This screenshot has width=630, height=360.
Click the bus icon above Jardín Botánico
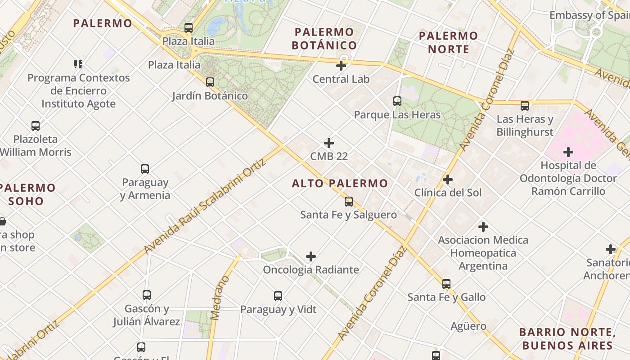point(210,82)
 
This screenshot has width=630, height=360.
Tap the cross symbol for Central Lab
point(341,66)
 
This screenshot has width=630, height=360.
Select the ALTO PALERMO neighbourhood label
point(340,183)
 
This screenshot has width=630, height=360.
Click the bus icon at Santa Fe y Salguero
point(349,202)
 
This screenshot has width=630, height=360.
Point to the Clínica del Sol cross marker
point(448,180)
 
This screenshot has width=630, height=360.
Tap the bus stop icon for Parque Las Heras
point(397,101)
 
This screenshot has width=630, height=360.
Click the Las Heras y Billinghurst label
point(525,126)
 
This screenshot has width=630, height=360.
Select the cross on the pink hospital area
point(568,152)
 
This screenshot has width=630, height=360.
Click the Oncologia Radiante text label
point(311,270)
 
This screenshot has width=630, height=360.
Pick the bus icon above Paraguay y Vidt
point(278,296)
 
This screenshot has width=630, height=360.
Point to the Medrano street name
point(220,298)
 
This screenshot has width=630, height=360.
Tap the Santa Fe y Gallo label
point(446,297)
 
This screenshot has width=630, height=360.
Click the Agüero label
point(468,326)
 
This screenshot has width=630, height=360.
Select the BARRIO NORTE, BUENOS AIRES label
point(567,339)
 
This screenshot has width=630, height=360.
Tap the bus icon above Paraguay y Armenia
point(145,169)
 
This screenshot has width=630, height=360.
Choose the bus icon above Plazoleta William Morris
point(36,126)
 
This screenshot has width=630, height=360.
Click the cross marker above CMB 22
point(329,143)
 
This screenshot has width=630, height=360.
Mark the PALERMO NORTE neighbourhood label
point(448,42)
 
